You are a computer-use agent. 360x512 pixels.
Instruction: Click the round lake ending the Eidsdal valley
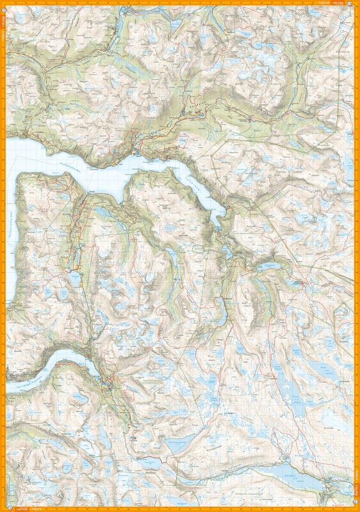point(75,279)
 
